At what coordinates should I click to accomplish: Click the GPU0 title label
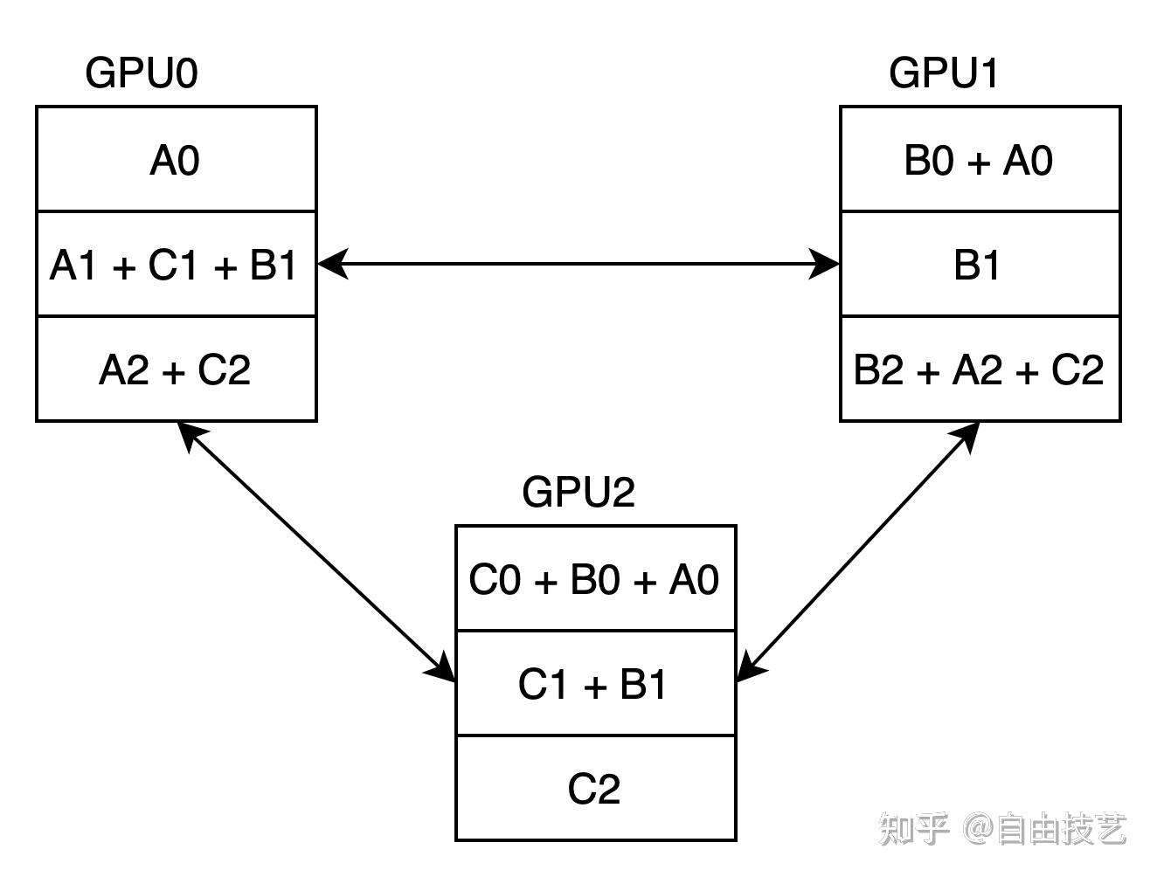click(x=142, y=73)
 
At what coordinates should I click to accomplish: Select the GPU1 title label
click(x=944, y=73)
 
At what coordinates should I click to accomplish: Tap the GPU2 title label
click(x=578, y=492)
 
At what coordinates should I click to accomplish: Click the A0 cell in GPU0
click(x=176, y=160)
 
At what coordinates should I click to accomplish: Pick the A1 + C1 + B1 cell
click(x=176, y=265)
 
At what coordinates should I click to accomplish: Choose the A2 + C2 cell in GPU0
click(x=176, y=369)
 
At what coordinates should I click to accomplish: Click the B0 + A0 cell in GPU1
click(x=980, y=160)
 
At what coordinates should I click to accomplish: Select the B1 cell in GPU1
click(x=980, y=265)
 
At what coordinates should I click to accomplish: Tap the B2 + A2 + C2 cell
click(x=980, y=369)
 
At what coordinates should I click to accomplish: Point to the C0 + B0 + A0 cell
click(x=595, y=579)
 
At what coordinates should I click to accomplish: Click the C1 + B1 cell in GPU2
click(x=595, y=684)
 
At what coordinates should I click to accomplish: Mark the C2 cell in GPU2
click(x=595, y=789)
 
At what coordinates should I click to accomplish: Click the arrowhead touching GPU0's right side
click(x=332, y=264)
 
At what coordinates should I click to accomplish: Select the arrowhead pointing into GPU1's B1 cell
click(x=825, y=264)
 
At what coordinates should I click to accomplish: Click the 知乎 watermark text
click(x=914, y=828)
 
